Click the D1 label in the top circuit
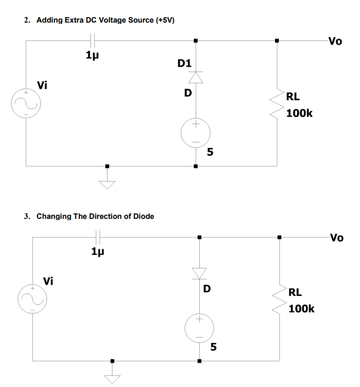click(x=185, y=63)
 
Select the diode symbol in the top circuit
click(x=196, y=77)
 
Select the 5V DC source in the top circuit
click(x=196, y=132)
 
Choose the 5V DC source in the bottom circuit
click(x=199, y=328)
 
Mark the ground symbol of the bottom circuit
click(x=112, y=378)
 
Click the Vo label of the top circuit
click(x=335, y=42)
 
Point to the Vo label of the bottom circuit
click(x=337, y=237)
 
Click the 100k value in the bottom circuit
click(x=301, y=309)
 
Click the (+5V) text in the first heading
click(x=165, y=20)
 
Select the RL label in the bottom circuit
click(x=295, y=292)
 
